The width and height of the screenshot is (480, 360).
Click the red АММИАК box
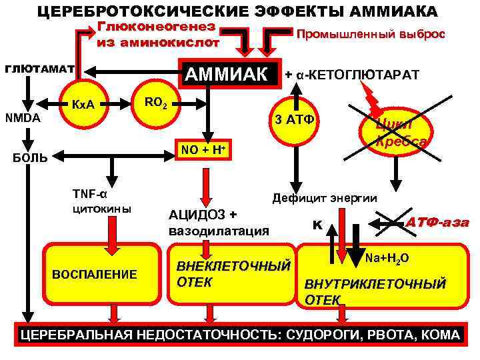(x=229, y=73)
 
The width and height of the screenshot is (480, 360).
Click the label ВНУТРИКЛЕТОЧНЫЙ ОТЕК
(x=375, y=291)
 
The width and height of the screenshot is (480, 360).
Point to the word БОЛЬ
(x=32, y=158)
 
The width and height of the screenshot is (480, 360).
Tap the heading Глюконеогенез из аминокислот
(x=158, y=35)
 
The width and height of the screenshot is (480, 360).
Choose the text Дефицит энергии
(x=324, y=198)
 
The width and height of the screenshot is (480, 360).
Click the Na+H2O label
(x=387, y=257)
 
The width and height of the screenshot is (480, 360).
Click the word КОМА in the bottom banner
(x=441, y=335)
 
